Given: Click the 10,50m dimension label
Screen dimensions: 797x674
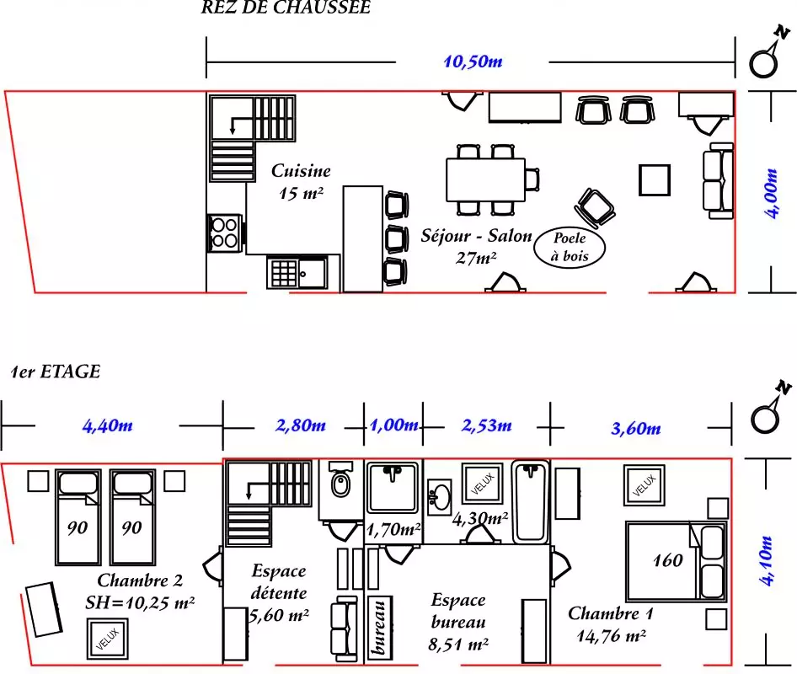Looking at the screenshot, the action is (473, 62).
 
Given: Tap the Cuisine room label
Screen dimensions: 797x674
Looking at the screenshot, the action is (301, 171).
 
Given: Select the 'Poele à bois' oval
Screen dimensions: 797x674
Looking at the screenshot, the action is (570, 247).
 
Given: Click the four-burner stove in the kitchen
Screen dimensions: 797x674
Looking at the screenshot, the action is (224, 233).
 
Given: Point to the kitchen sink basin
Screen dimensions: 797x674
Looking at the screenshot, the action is (312, 274).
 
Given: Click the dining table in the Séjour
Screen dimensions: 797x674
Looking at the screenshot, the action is (485, 180).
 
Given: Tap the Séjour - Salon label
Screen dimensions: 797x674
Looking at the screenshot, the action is (476, 235).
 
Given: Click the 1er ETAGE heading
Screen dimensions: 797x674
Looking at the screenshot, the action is (56, 372).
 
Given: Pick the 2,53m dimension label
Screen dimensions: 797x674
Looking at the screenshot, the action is (486, 425).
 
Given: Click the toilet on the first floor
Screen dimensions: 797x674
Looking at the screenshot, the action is (340, 479).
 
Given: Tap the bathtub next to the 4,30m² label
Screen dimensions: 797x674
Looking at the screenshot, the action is (530, 501).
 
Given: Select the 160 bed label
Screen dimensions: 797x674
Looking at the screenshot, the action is (667, 560).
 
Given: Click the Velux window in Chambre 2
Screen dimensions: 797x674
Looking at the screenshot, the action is (107, 639).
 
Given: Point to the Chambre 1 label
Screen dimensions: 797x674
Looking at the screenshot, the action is (611, 613).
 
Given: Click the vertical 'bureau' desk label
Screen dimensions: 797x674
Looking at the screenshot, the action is (379, 629).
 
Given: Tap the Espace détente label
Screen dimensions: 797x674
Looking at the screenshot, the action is (279, 581).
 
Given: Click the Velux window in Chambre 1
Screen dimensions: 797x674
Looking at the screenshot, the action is (645, 485).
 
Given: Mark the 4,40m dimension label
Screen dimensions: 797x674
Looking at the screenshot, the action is (107, 425).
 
